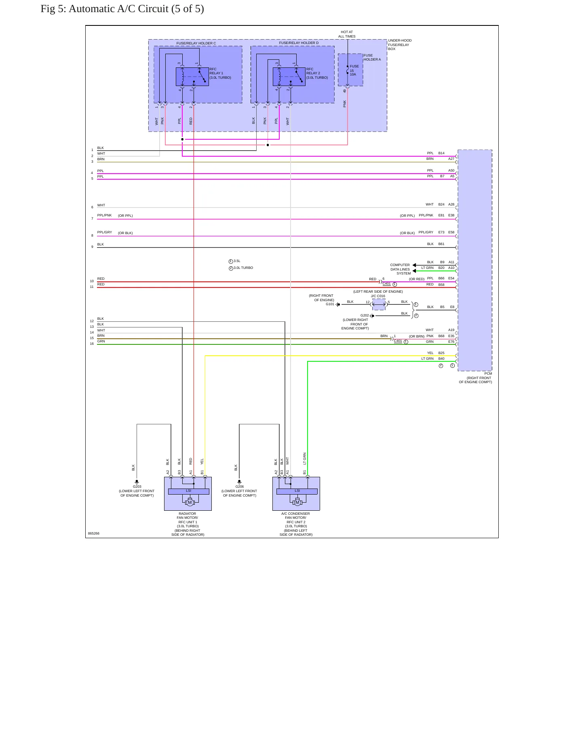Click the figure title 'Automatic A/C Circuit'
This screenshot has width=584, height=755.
118,9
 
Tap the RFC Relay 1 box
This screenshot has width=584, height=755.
192,77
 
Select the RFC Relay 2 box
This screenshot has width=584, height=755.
289,77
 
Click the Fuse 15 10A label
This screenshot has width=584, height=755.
354,70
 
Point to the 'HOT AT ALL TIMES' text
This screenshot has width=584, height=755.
347,34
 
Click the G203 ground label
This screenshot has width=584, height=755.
137,487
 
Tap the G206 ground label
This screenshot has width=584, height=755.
240,487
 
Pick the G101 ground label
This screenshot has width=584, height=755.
330,304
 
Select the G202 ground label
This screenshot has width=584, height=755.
365,315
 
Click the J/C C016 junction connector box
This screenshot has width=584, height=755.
379,304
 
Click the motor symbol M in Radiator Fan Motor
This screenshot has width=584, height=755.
190,502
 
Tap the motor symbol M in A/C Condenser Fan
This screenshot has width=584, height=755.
297,502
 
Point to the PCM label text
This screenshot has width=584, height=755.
488,373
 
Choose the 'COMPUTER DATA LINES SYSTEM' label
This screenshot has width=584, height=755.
400,269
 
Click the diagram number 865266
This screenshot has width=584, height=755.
94,533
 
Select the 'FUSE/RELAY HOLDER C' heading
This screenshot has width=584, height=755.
196,43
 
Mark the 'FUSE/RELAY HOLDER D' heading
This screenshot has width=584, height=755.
299,43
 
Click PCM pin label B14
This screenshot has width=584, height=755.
441,153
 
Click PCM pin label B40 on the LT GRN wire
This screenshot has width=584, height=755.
441,359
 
